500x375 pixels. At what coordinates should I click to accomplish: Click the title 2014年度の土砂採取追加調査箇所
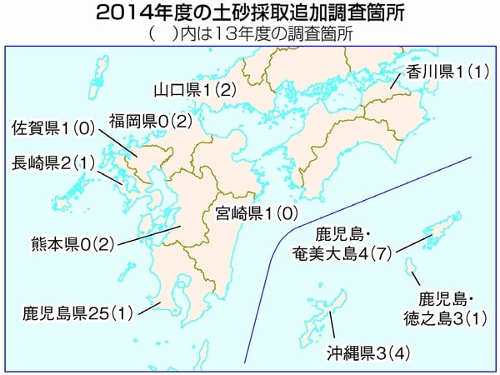[249, 13]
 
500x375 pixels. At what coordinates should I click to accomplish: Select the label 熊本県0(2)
[72, 244]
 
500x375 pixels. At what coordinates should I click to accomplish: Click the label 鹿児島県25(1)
[78, 314]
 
